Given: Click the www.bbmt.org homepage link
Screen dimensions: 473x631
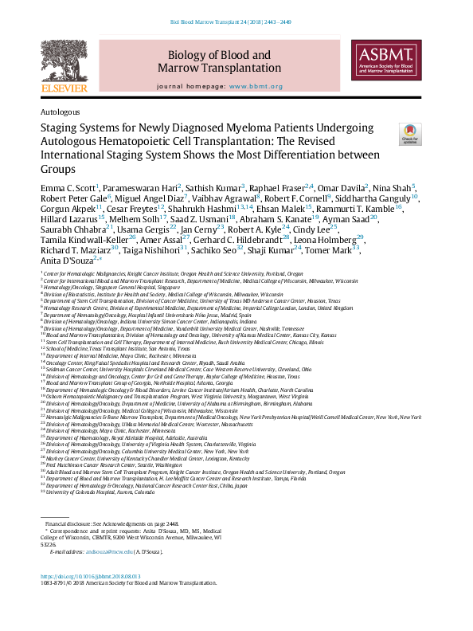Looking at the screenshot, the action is pos(256,85).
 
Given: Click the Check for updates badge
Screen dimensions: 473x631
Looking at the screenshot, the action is pos(411,134).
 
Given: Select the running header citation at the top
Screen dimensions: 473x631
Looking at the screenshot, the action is pos(236,22).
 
